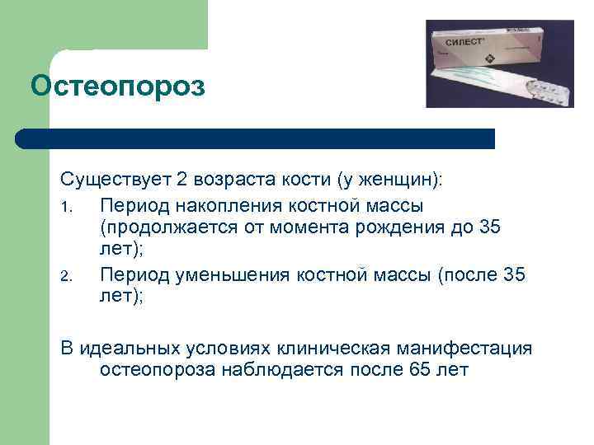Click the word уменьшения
click(x=233, y=274)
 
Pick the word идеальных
click(x=131, y=348)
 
